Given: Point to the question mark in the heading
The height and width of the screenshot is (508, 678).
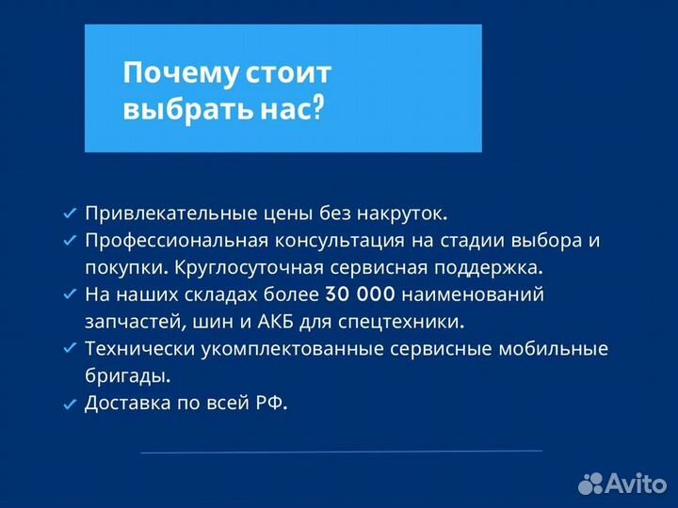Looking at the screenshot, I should [x=317, y=109].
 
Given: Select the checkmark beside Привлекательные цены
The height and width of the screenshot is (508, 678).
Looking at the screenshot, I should [x=69, y=214].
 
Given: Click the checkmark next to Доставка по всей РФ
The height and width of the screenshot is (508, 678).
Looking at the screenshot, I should [x=69, y=405].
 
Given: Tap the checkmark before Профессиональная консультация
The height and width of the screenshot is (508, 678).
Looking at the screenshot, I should [x=69, y=241].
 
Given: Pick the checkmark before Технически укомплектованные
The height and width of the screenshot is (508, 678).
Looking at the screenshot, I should [x=69, y=349].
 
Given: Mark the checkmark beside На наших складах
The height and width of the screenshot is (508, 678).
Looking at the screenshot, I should [x=69, y=294].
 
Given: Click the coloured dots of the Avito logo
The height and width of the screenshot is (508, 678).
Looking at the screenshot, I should [x=590, y=484].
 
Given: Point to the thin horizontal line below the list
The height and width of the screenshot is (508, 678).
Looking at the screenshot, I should [x=341, y=452].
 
